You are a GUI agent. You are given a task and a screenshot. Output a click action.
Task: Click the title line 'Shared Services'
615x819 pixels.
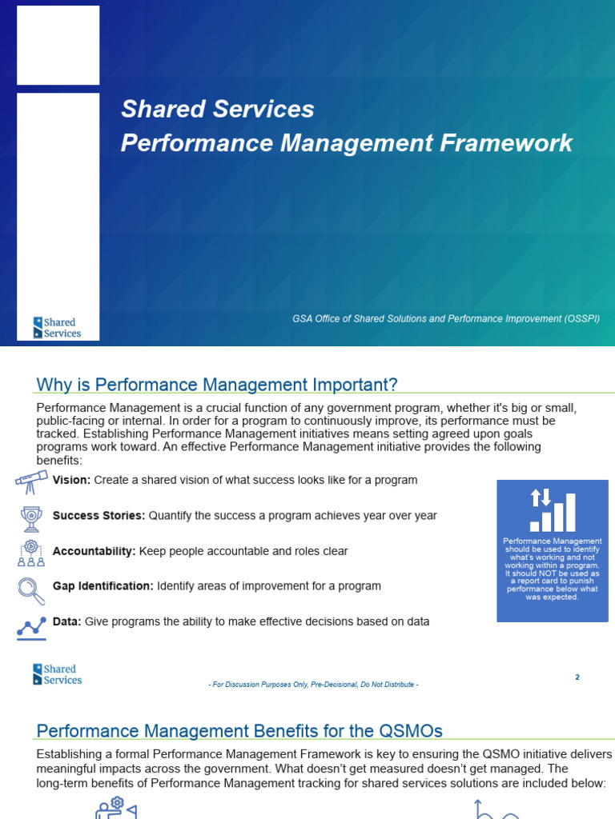coord(217,110)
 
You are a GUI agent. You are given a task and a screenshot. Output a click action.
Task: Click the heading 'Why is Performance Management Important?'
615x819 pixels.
coord(217,385)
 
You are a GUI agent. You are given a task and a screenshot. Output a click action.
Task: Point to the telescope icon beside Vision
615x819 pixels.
coord(31,481)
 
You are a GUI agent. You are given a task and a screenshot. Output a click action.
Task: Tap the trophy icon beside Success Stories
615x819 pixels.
coord(31,518)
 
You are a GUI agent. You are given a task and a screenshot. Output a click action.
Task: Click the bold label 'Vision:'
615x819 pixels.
coord(72,481)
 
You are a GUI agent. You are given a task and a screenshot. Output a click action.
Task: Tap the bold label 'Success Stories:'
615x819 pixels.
coord(98,516)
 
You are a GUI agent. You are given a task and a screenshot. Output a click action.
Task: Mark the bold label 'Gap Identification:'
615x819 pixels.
coord(102,586)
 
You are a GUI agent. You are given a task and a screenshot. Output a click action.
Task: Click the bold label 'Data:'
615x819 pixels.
coord(66,621)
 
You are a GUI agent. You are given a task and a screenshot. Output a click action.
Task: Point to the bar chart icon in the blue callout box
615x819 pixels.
coord(553,511)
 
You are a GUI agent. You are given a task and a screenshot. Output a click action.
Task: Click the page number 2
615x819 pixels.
coord(577,677)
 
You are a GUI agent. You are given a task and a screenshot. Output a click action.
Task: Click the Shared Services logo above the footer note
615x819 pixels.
coord(58,674)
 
